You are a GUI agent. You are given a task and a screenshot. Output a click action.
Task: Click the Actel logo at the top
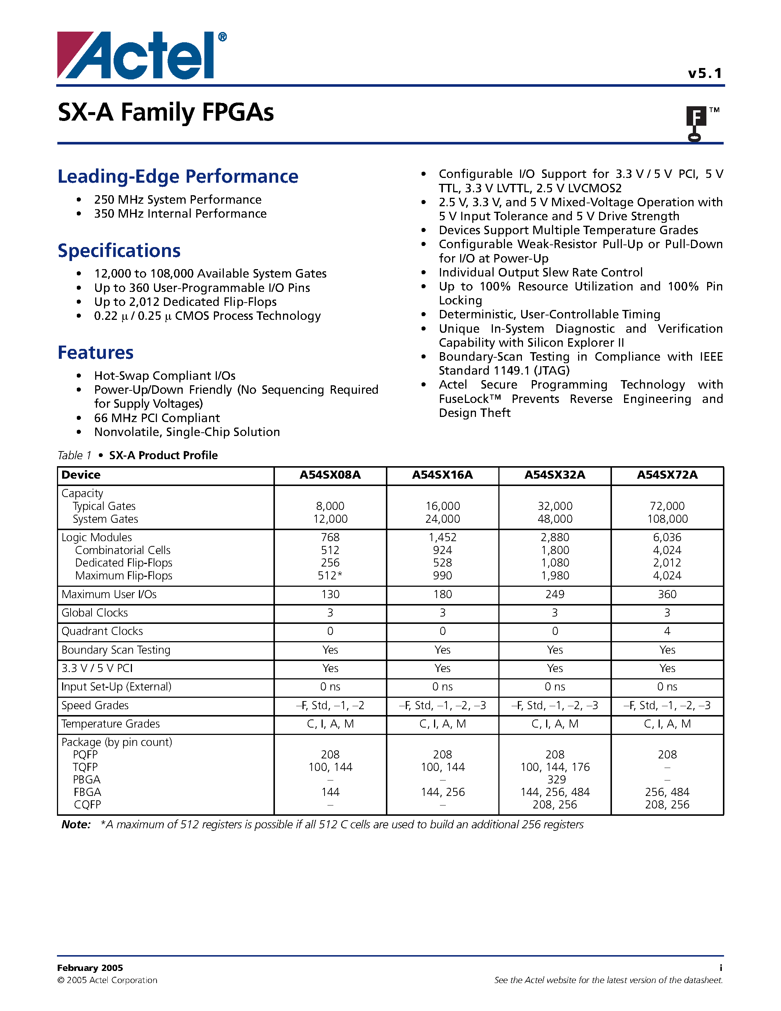tap(141, 56)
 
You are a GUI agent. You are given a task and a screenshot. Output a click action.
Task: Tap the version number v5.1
tap(704, 74)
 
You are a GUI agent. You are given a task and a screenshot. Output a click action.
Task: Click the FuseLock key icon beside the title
tap(695, 123)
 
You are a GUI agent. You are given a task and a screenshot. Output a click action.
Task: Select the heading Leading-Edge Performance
tap(178, 176)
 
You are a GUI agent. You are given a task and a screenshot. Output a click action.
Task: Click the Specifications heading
tap(119, 250)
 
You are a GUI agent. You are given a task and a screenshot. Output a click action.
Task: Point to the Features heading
tap(95, 352)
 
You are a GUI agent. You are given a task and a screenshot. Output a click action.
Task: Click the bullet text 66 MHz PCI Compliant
tap(157, 418)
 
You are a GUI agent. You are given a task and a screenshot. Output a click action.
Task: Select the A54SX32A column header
tap(554, 475)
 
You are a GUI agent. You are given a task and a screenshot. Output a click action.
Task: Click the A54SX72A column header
tap(667, 475)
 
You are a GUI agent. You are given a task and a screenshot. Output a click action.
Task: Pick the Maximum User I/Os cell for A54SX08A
tap(330, 594)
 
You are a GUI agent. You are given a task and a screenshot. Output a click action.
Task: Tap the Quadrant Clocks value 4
tap(667, 631)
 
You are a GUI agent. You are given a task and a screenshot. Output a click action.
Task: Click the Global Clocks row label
tap(94, 613)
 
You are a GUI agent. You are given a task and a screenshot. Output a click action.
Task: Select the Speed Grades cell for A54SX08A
tap(330, 705)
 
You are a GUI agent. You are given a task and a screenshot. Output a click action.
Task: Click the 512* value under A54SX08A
tap(330, 576)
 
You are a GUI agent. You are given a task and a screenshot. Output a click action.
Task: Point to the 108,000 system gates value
tap(667, 519)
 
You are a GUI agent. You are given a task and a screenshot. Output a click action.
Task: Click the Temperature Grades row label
tap(111, 724)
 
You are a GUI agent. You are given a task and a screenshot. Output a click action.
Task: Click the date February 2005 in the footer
tap(90, 968)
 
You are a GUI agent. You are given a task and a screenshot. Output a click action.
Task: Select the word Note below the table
tap(75, 825)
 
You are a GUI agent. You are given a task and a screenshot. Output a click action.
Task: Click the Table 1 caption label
tap(74, 456)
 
